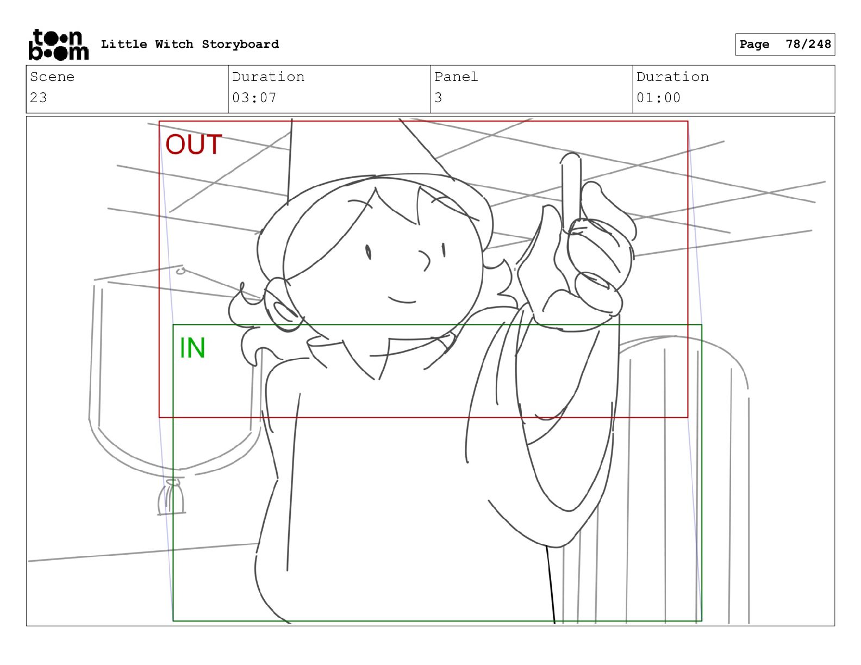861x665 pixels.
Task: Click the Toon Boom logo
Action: pyautogui.click(x=59, y=45)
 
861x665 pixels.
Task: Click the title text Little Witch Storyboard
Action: pyautogui.click(x=190, y=44)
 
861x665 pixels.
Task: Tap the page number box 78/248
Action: pyautogui.click(x=785, y=45)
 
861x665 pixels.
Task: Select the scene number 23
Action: pyautogui.click(x=39, y=97)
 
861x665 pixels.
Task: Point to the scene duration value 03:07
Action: pyautogui.click(x=254, y=97)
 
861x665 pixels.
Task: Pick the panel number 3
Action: pyautogui.click(x=438, y=97)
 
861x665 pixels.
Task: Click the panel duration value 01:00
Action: pyautogui.click(x=658, y=97)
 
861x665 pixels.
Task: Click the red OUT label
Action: pyautogui.click(x=194, y=145)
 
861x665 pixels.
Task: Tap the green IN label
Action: pyautogui.click(x=192, y=348)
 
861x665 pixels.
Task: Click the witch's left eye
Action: pyautogui.click(x=368, y=252)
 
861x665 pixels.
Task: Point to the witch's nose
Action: pyautogui.click(x=425, y=260)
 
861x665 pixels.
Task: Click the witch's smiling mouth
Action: pyautogui.click(x=402, y=299)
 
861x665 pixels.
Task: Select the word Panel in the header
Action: pyautogui.click(x=456, y=77)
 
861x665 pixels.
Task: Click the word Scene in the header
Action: pyautogui.click(x=52, y=77)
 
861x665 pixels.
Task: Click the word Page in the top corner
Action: pyautogui.click(x=754, y=44)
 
